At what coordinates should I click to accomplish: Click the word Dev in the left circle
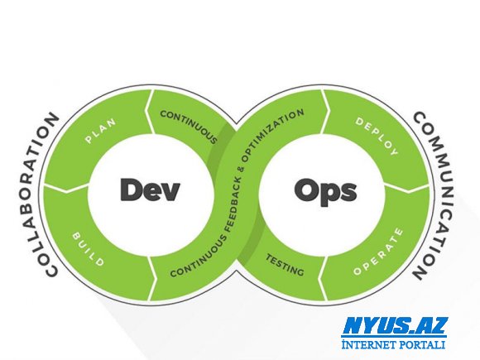pyautogui.click(x=150, y=190)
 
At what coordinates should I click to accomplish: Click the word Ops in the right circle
pyautogui.click(x=325, y=191)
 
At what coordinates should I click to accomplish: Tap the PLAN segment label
pyautogui.click(x=101, y=131)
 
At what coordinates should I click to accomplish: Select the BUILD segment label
pyautogui.click(x=89, y=249)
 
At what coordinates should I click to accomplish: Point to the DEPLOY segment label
pyautogui.click(x=377, y=137)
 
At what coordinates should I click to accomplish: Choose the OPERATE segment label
pyautogui.click(x=378, y=252)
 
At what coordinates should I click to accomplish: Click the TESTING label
pyautogui.click(x=285, y=265)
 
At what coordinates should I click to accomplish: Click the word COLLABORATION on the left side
pyautogui.click(x=36, y=195)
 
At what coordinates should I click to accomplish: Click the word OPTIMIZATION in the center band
pyautogui.click(x=272, y=135)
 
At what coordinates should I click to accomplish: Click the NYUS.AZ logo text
pyautogui.click(x=394, y=326)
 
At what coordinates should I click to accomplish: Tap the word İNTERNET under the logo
pyautogui.click(x=369, y=344)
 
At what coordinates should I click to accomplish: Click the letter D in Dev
pyautogui.click(x=131, y=190)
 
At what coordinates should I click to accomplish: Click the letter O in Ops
pyautogui.click(x=307, y=190)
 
